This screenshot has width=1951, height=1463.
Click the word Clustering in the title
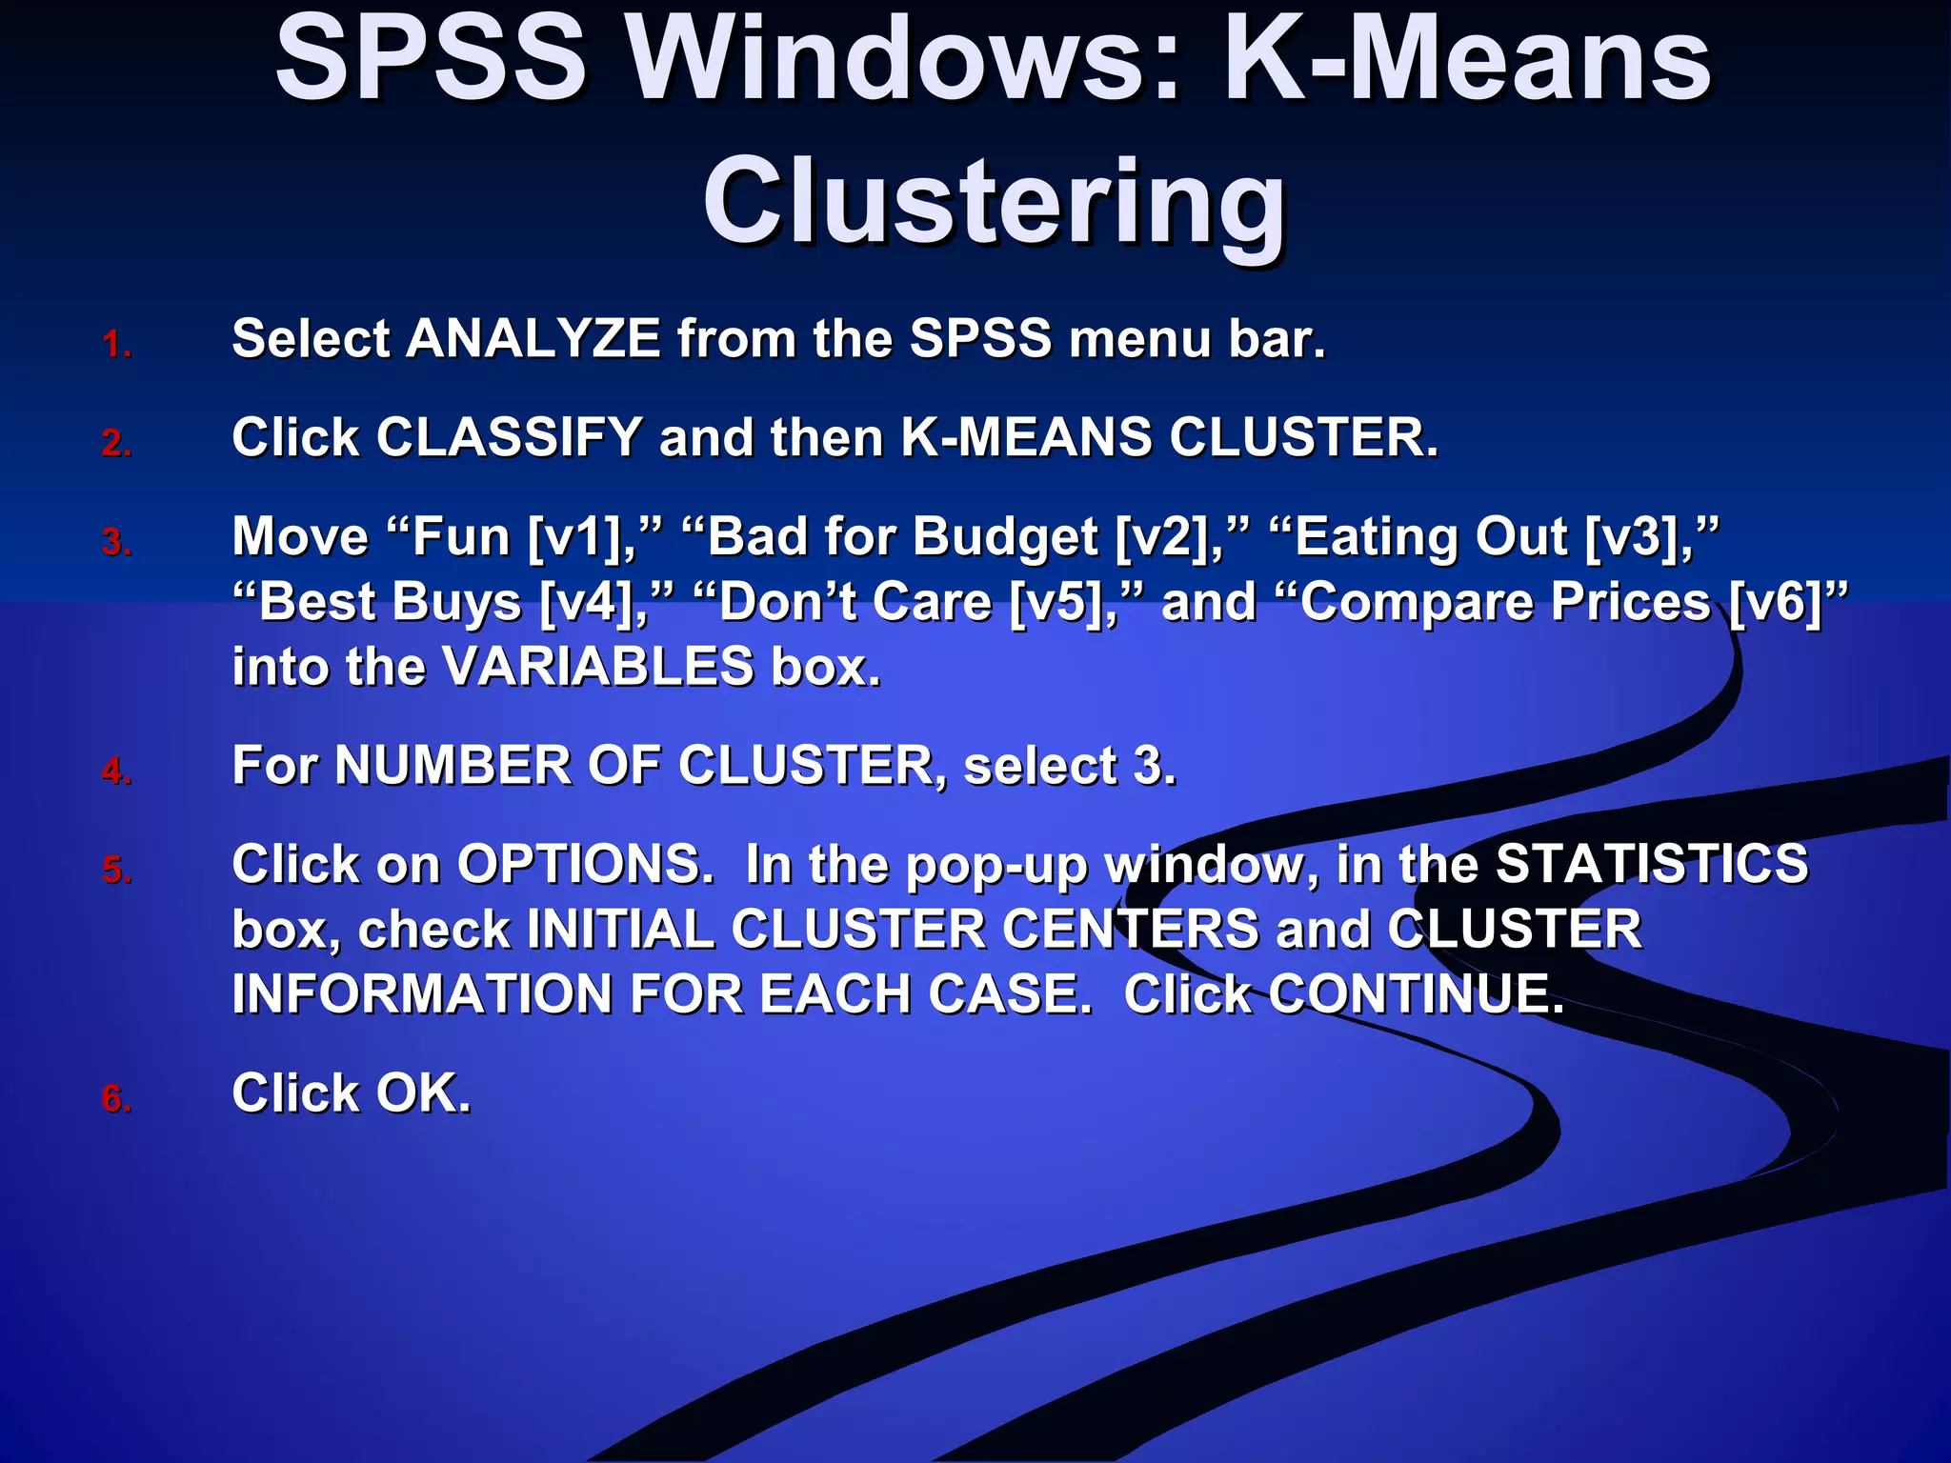[x=995, y=203]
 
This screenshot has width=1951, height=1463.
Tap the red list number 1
[x=116, y=345]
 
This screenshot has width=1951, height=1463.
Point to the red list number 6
[x=116, y=1099]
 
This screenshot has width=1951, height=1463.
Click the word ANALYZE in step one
[x=533, y=339]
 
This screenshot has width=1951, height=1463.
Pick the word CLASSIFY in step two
[x=510, y=438]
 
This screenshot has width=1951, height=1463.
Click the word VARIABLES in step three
[x=598, y=667]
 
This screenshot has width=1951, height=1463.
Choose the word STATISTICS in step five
[x=1651, y=865]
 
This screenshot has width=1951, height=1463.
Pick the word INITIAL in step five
[x=620, y=930]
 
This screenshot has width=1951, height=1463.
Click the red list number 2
[x=116, y=444]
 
